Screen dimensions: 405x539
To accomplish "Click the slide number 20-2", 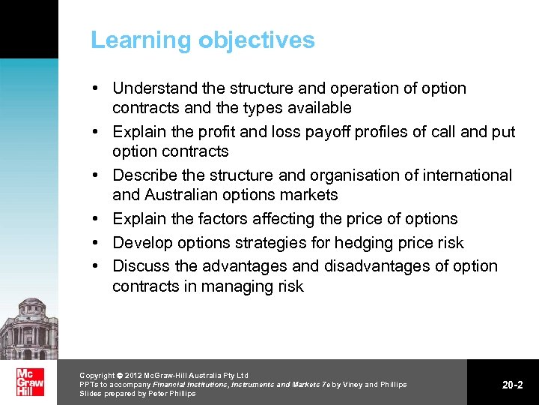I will tap(512, 385).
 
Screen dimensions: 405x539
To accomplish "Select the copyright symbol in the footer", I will tap(120, 375).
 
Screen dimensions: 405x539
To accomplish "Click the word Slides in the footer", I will tap(91, 394).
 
